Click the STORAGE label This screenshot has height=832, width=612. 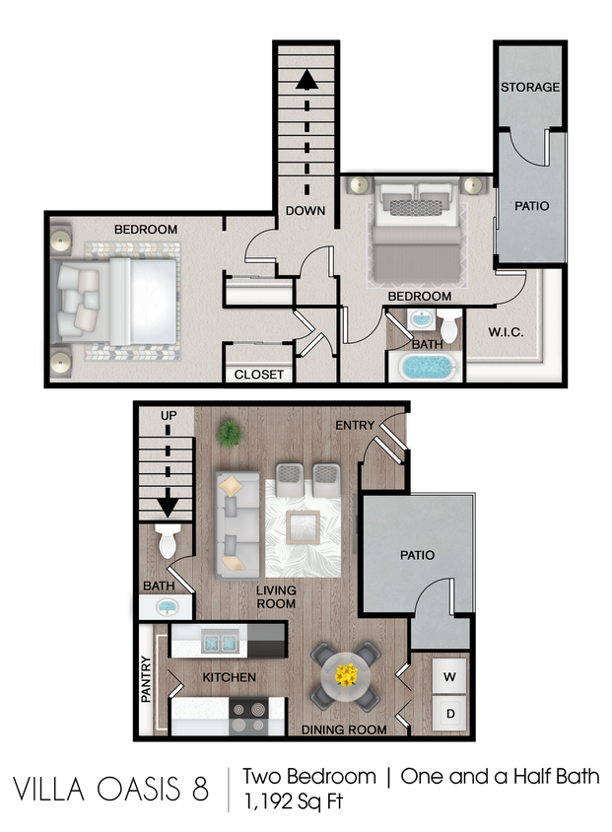coord(530,88)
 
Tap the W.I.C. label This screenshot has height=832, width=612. coord(505,332)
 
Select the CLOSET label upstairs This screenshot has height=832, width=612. coord(259,375)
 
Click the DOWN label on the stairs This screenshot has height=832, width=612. coord(306,211)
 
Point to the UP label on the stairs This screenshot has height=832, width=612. coord(169,416)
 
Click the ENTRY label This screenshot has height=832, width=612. coord(354,425)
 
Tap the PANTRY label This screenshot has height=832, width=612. coord(146,679)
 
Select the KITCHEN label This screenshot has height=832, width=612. coord(229,678)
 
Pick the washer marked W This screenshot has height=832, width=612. coord(449,677)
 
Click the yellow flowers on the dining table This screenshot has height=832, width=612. coord(346,675)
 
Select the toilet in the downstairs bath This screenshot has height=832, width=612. coord(168,541)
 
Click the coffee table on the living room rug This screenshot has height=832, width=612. coord(304,528)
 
